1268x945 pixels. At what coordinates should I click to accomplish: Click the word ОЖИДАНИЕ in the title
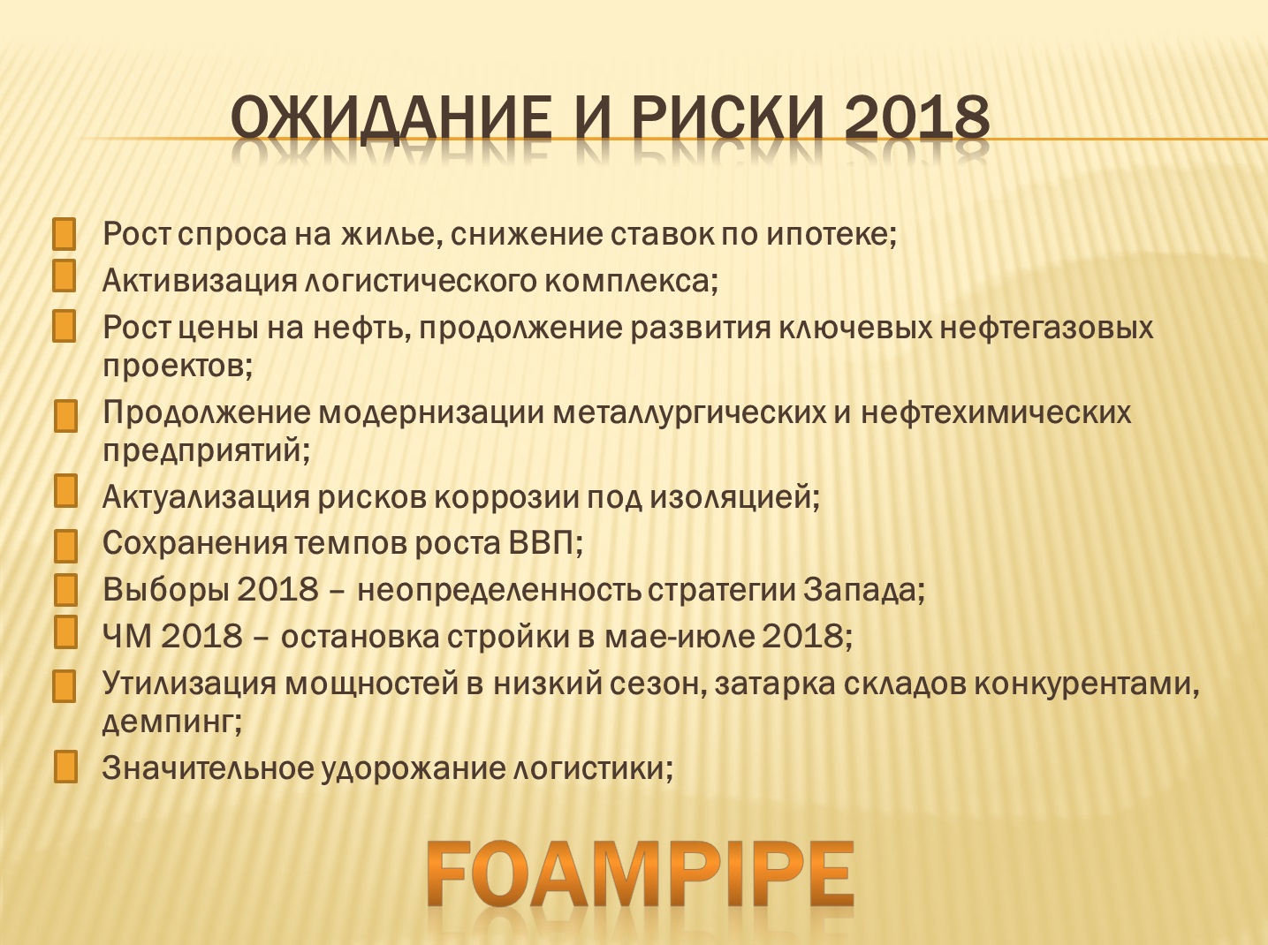[391, 119]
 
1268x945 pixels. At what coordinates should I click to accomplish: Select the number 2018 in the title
[917, 118]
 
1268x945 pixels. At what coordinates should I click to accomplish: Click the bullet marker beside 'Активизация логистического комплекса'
[65, 276]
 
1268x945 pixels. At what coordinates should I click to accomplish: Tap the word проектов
[174, 367]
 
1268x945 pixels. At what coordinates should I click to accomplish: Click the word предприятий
[202, 451]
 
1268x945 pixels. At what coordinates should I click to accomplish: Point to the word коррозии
[506, 497]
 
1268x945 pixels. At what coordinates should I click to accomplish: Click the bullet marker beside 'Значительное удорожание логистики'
[65, 767]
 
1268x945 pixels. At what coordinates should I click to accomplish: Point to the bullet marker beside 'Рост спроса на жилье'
[65, 234]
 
